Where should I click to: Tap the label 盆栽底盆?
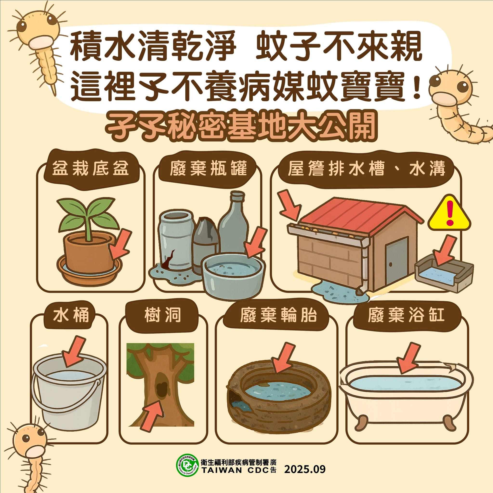(x=91, y=169)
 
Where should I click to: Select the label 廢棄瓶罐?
(x=208, y=169)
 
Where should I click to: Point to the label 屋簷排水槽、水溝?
(x=366, y=169)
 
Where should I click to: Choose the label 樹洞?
(x=163, y=315)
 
